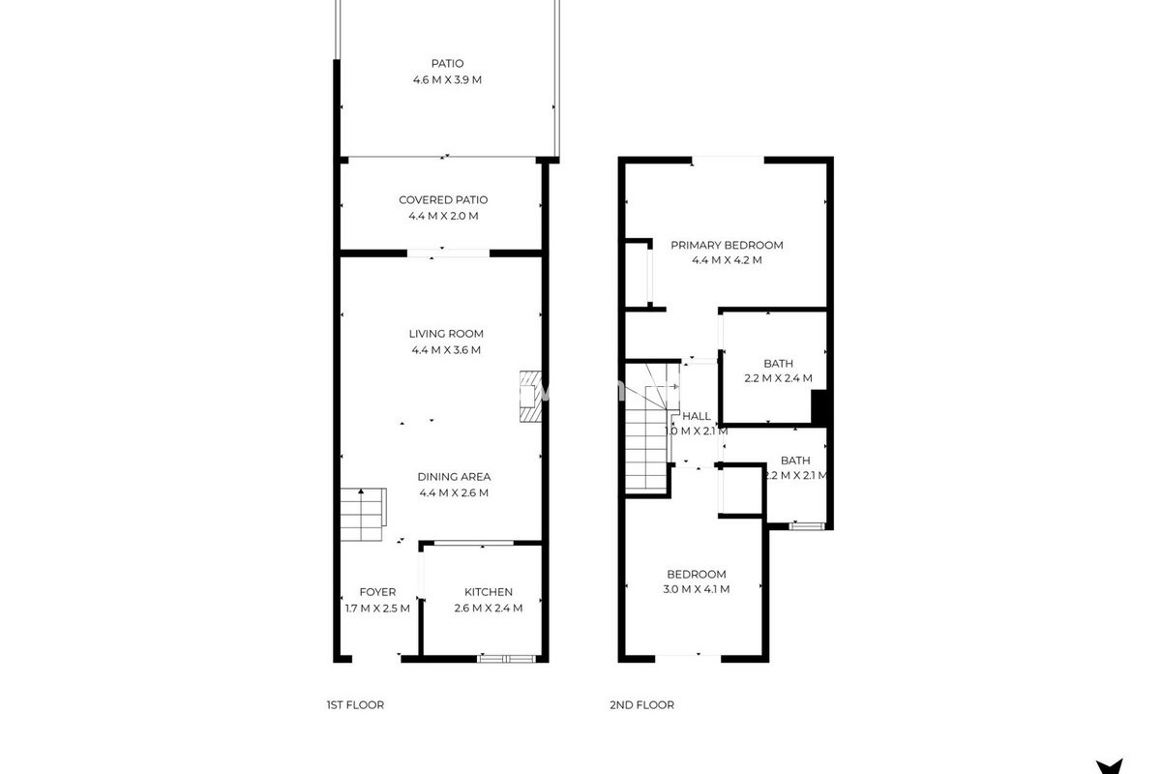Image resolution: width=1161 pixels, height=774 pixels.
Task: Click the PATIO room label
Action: tap(447, 63)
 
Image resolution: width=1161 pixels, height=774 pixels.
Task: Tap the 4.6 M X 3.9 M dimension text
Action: tap(447, 80)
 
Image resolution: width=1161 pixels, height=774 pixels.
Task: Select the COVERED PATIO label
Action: tap(443, 199)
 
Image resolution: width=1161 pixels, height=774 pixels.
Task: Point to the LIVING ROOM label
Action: tap(446, 334)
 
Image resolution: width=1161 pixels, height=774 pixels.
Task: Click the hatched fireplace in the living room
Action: tap(531, 396)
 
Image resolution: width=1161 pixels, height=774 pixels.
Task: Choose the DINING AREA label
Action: tap(454, 476)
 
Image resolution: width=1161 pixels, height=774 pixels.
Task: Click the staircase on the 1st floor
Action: tap(364, 515)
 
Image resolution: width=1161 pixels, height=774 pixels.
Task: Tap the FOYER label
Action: tap(377, 592)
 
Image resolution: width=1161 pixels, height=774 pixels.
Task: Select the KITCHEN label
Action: tap(489, 592)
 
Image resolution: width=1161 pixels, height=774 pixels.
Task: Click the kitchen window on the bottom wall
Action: tap(506, 659)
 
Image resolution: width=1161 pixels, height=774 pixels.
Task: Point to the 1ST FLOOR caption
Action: tap(355, 705)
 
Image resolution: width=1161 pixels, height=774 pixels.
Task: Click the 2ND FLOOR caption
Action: tap(641, 705)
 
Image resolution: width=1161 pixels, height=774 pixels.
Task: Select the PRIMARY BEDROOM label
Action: tap(727, 245)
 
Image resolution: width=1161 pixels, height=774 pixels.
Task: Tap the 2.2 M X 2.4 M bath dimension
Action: tap(778, 378)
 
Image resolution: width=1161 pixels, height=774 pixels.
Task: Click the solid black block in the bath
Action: tap(819, 408)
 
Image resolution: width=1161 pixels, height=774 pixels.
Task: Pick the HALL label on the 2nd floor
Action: tap(696, 416)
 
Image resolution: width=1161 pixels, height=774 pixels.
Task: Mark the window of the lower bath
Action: tap(807, 526)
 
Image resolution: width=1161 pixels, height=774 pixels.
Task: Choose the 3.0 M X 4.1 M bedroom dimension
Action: tap(696, 589)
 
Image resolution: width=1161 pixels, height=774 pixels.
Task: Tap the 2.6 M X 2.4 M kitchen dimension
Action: tap(489, 609)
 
